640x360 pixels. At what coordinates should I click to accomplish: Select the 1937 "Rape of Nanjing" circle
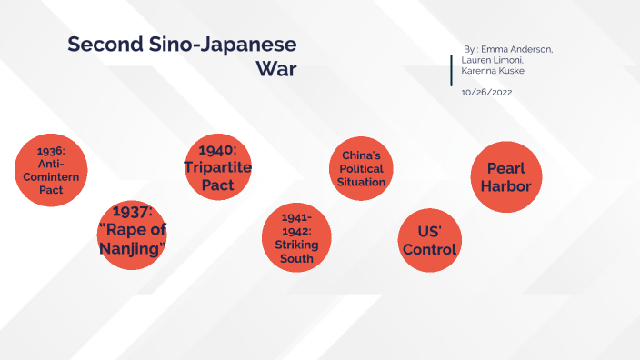click(x=132, y=235)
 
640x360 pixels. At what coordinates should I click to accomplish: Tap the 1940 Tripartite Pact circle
click(x=218, y=168)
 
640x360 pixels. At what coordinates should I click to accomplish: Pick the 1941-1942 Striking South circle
click(x=297, y=238)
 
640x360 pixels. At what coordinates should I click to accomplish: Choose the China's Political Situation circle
click(x=362, y=169)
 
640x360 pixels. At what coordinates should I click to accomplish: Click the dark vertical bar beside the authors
click(x=452, y=71)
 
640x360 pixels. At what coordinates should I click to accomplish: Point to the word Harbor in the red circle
click(x=506, y=185)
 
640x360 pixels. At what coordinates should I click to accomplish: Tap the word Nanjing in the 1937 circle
click(x=132, y=248)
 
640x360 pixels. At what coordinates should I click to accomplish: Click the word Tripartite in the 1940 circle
click(x=218, y=168)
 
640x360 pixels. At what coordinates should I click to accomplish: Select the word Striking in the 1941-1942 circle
click(x=297, y=245)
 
